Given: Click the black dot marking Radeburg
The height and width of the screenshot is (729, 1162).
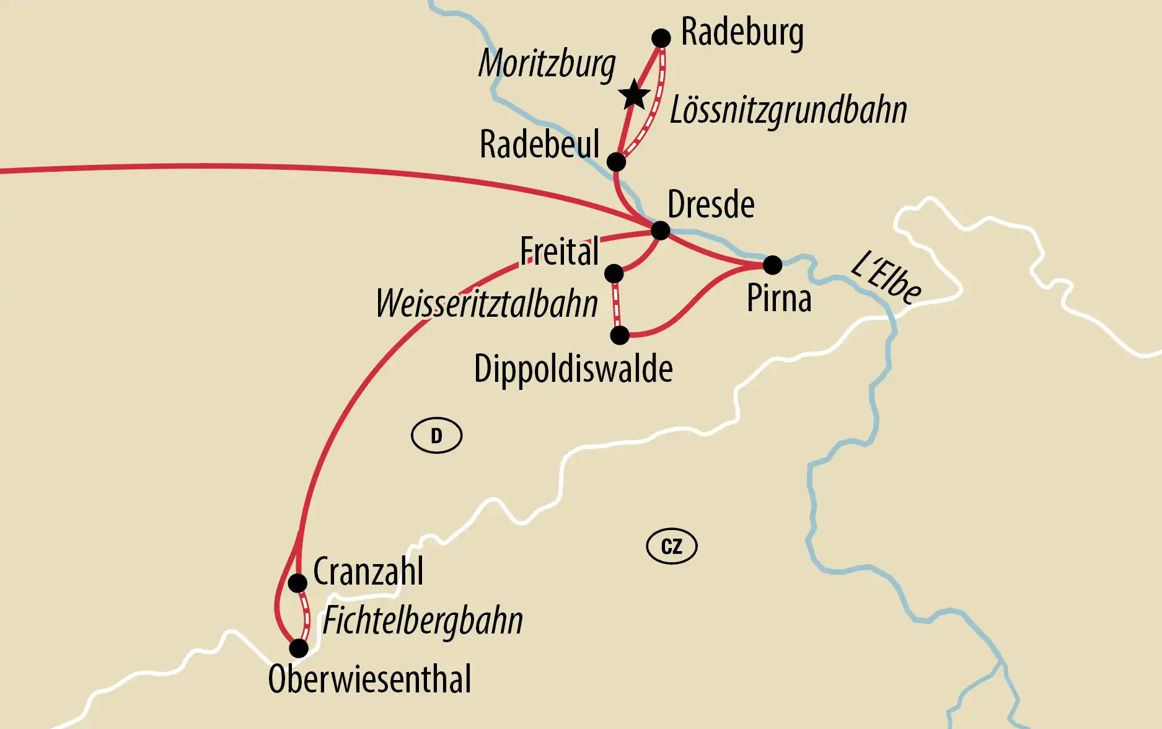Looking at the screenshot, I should point(661,38).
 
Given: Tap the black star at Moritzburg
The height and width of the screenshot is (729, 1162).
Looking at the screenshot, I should point(634,95).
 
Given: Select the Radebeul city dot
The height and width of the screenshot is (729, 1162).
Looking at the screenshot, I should point(616,162).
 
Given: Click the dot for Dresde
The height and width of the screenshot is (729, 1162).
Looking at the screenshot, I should point(661,231).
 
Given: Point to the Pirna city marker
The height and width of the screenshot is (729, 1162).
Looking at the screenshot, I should point(772,265).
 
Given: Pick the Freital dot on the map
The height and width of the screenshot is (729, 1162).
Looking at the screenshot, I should point(614,273).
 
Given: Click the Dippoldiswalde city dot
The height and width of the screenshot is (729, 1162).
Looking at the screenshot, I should point(620,335).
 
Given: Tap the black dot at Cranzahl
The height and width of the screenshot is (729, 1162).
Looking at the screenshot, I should point(297,583).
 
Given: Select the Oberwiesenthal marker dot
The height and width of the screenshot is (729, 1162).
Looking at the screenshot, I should point(299,648).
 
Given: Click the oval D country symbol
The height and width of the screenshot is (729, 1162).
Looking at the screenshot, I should point(437,436).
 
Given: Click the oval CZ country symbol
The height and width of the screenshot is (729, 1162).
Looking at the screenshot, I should point(672,547).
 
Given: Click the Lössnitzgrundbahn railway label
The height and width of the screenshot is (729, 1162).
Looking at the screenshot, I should point(788,110).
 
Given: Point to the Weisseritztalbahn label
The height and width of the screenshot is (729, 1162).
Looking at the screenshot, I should point(487,304).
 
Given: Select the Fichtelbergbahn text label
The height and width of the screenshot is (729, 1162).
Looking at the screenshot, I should point(423,621).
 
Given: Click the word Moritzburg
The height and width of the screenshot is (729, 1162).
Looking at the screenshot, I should point(547,64).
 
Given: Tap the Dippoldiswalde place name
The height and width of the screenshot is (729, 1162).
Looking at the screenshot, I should point(573,369).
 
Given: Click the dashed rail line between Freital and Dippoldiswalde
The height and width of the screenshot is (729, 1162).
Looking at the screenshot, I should point(616,305).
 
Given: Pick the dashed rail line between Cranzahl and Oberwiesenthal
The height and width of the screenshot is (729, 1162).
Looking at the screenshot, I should point(306,615).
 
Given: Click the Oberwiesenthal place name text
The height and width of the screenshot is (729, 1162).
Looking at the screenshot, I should point(370,679).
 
